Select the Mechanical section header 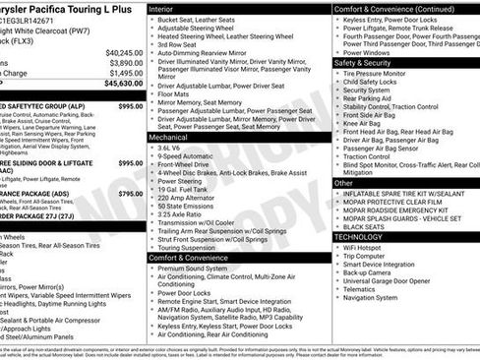pos(171,138)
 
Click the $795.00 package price pos(131,195)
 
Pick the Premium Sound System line pos(199,268)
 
